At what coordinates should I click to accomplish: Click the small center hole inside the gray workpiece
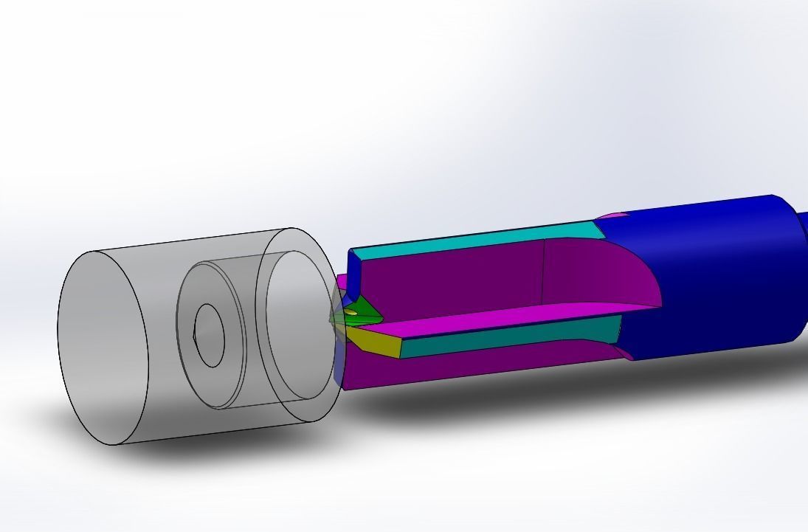tap(209, 335)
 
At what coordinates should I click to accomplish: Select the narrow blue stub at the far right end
tap(803, 273)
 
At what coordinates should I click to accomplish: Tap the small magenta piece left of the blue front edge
tap(342, 283)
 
